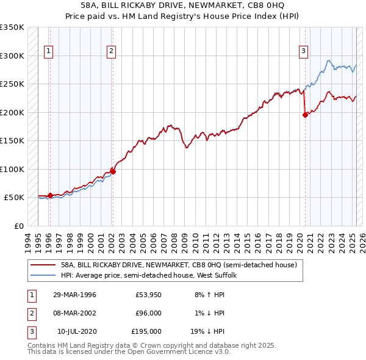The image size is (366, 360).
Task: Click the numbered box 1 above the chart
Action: (x=48, y=51)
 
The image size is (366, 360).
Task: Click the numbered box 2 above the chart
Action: (x=111, y=51)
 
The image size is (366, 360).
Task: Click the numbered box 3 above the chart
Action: (x=303, y=51)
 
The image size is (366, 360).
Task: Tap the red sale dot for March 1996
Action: (x=50, y=195)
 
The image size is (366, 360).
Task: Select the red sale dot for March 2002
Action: (x=113, y=171)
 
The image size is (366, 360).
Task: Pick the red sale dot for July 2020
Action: (x=305, y=115)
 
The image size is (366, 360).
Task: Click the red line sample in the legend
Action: (x=43, y=265)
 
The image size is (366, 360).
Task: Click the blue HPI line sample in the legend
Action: (x=43, y=275)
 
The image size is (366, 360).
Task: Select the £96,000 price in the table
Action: (x=148, y=313)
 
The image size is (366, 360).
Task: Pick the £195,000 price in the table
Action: (x=146, y=331)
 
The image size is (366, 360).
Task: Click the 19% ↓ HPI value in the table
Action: (x=208, y=331)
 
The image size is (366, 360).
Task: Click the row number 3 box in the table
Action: (x=30, y=331)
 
